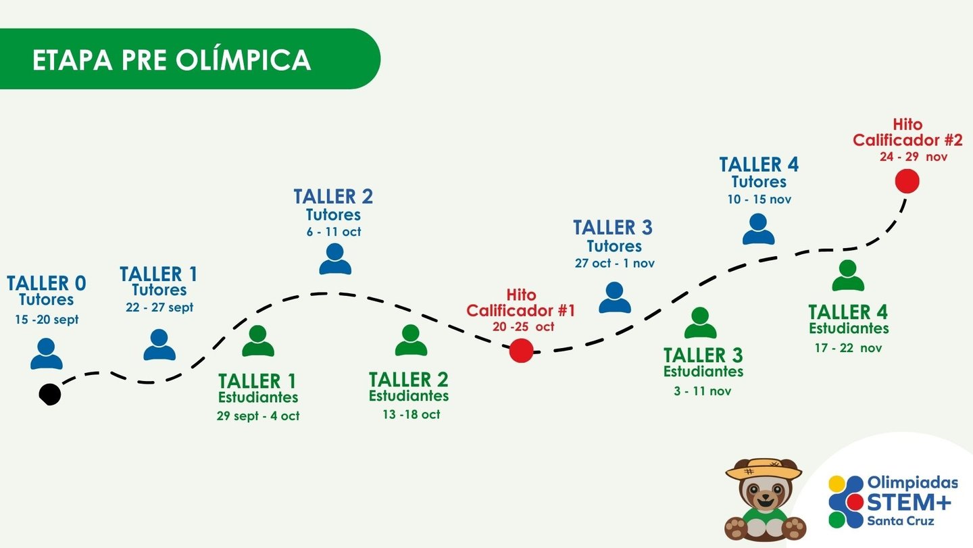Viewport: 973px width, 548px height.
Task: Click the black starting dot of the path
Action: coord(50,394)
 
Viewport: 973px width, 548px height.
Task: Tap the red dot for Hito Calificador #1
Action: coord(521,351)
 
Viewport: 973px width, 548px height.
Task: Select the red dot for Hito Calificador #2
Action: coord(907,181)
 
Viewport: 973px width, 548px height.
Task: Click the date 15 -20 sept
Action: coord(47,320)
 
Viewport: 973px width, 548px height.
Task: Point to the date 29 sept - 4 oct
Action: coord(258,416)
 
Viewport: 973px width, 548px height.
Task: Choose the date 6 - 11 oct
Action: coord(333,232)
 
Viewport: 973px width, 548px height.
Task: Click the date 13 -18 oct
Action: coord(411,414)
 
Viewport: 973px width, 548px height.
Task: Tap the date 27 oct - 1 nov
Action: coord(614,264)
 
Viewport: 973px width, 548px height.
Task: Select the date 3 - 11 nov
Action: coord(703,391)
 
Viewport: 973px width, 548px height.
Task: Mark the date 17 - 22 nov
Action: coord(848,349)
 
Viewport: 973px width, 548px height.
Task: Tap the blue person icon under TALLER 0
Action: coord(47,353)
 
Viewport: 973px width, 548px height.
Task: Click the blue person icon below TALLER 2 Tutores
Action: coord(335,258)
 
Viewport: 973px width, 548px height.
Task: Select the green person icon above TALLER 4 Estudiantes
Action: coord(848,276)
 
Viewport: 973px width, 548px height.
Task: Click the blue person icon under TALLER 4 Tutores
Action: coord(758,229)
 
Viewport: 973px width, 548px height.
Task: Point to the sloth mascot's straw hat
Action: coord(764,468)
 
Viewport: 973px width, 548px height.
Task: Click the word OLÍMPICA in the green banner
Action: coord(243,60)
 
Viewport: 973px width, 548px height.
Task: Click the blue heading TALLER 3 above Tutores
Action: coord(613,228)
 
